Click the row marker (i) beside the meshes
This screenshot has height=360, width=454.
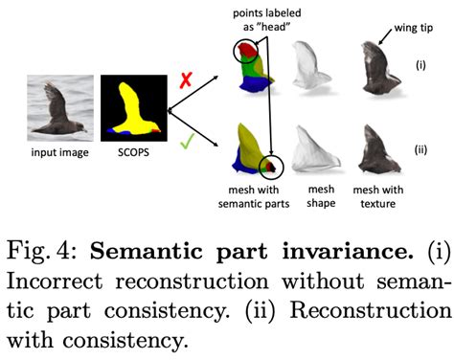click(420, 66)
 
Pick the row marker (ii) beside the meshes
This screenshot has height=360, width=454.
click(420, 149)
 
